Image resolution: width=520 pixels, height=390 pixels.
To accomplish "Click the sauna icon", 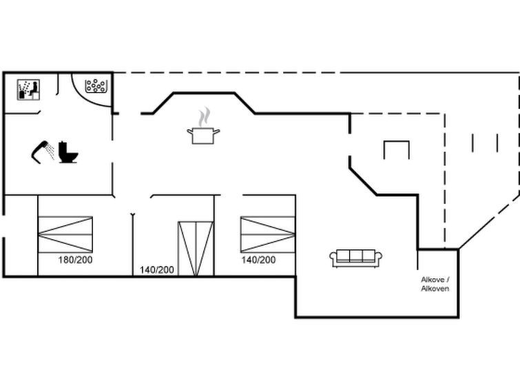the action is pyautogui.click(x=28, y=90).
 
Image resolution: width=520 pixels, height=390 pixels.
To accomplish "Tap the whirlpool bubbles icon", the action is pyautogui.click(x=96, y=85).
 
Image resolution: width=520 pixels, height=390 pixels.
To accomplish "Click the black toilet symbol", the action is pyautogui.click(x=68, y=152).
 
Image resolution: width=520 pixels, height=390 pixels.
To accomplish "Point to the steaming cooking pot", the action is pyautogui.click(x=203, y=125).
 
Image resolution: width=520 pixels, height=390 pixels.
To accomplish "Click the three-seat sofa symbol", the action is pyautogui.click(x=355, y=258).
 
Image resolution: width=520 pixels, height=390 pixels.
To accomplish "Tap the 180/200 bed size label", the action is pyautogui.click(x=75, y=260).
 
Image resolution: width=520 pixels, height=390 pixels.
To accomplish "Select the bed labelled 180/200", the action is pyautogui.click(x=65, y=234).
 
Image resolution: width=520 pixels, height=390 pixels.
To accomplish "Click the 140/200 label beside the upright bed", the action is pyautogui.click(x=156, y=270).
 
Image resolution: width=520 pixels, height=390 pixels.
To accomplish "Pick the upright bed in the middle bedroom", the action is pyautogui.click(x=196, y=249).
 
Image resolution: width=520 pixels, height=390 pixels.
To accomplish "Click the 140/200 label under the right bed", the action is pyautogui.click(x=258, y=260).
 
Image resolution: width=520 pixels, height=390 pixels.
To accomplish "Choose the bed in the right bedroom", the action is pyautogui.click(x=268, y=234).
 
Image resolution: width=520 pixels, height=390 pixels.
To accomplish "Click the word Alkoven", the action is pyautogui.click(x=435, y=289).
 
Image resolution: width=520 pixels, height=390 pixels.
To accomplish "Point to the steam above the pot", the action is pyautogui.click(x=205, y=116).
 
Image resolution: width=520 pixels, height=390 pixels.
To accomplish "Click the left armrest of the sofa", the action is pyautogui.click(x=333, y=257).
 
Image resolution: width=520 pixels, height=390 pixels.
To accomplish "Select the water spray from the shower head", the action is pyautogui.click(x=50, y=152).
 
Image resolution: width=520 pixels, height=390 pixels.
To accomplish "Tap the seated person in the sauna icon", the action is pyautogui.click(x=34, y=88).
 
